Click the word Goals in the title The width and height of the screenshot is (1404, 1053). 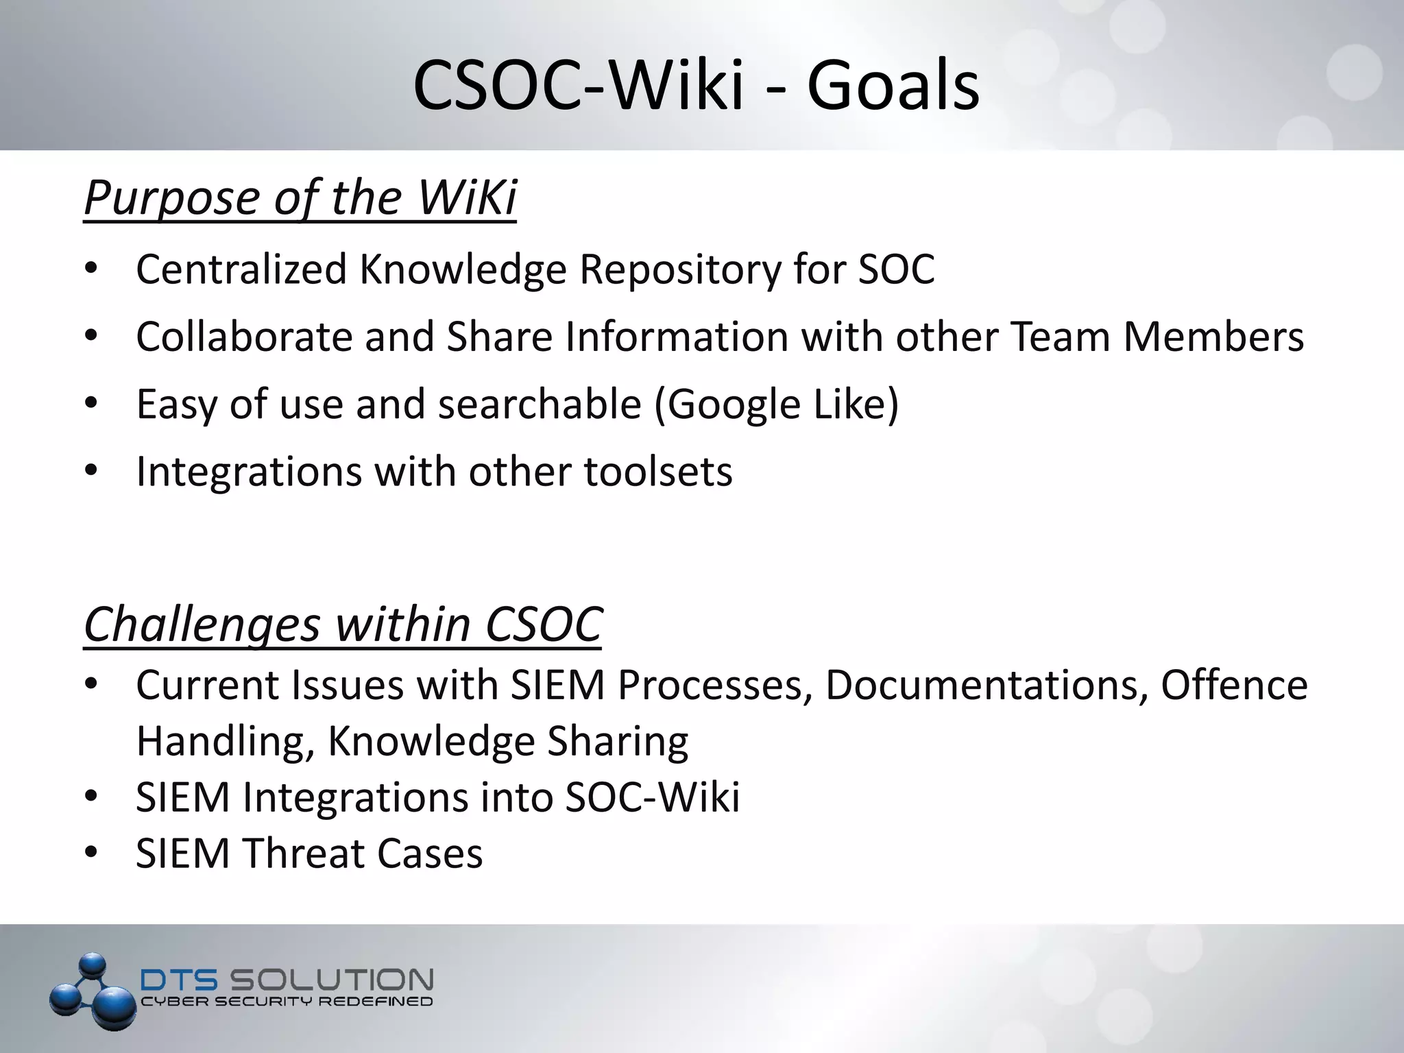[x=893, y=86]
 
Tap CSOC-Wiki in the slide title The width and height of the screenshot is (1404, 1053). [x=579, y=86]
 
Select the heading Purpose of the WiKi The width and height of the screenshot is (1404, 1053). [x=300, y=197]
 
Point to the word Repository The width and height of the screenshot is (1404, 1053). [x=680, y=270]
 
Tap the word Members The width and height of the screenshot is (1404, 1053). [x=1213, y=337]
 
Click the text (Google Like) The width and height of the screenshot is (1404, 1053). [x=776, y=404]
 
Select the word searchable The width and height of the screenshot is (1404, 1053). [x=540, y=404]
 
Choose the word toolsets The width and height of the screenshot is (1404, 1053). [x=658, y=472]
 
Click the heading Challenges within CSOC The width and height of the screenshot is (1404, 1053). [x=343, y=625]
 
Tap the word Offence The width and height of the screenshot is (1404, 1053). [x=1234, y=685]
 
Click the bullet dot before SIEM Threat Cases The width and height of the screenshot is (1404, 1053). [x=91, y=854]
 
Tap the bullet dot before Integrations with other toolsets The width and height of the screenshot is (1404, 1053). [x=91, y=472]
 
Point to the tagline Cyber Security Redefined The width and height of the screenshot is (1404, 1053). [x=287, y=1002]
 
